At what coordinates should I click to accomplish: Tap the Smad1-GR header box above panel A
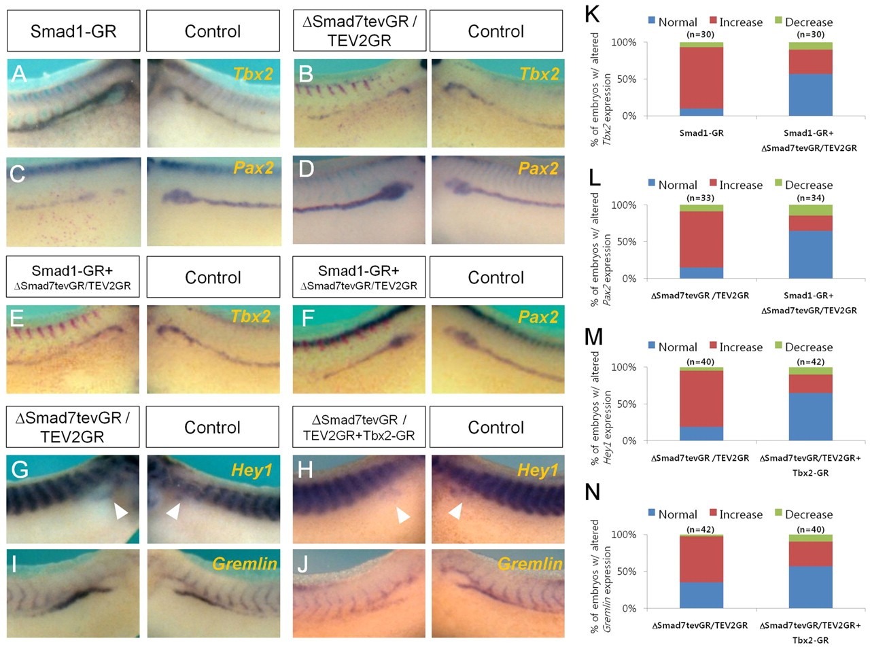click(x=73, y=31)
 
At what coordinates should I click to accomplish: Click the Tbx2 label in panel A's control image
click(x=253, y=74)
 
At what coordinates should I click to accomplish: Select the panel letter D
click(x=306, y=169)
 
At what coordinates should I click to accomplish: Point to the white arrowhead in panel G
click(x=121, y=510)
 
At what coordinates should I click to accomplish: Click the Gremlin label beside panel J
click(x=530, y=564)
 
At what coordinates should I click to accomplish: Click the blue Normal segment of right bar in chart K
click(x=810, y=94)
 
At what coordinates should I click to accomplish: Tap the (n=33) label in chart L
click(x=700, y=198)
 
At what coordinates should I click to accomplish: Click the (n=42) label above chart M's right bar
click(x=810, y=362)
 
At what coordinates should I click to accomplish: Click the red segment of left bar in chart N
click(x=701, y=559)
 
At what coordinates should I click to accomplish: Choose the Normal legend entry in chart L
click(x=672, y=185)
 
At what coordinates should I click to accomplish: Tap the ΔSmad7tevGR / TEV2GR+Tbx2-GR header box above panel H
click(x=359, y=427)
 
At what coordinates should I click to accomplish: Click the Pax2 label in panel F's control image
click(x=538, y=317)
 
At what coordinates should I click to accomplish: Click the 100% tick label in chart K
click(x=623, y=42)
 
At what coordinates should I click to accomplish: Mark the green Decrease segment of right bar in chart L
click(x=810, y=210)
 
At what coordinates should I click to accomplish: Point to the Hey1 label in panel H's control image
click(x=538, y=470)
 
